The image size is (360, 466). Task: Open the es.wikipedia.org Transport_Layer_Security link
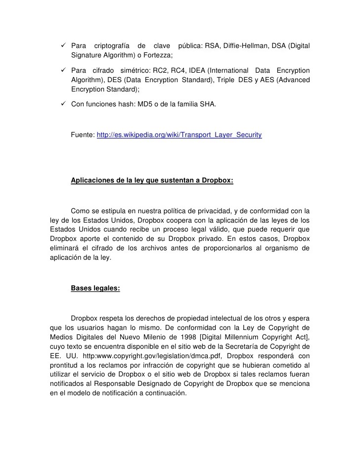[x=179, y=135]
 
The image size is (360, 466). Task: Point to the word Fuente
[x=82, y=135]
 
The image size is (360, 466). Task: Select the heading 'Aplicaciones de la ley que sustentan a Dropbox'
[x=152, y=181]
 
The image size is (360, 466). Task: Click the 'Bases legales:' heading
[x=95, y=287]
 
